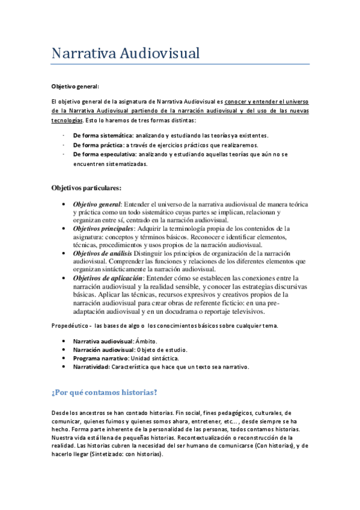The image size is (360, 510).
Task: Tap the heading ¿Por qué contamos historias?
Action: pos(105,393)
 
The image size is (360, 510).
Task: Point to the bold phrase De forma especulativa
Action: pos(103,155)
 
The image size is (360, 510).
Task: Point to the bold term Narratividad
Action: pos(91,367)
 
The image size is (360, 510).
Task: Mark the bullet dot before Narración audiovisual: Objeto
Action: pos(64,350)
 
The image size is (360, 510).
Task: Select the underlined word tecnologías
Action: pos(66,120)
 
